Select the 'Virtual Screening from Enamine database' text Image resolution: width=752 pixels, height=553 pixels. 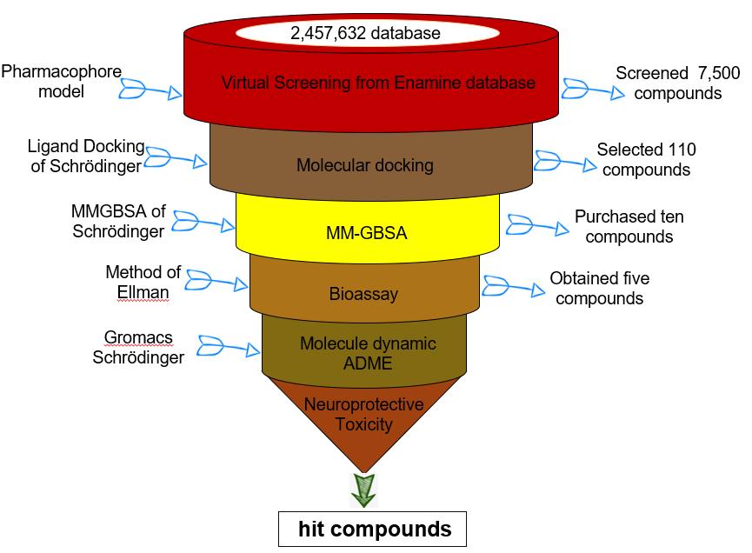(378, 83)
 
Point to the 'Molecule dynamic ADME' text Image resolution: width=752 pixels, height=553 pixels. (368, 352)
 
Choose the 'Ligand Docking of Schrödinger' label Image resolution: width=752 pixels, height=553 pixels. (88, 157)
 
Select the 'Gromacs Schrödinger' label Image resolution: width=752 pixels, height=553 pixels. (138, 345)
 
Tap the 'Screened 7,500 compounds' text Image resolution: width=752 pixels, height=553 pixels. (676, 83)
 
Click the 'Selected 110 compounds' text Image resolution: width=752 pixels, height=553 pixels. (646, 159)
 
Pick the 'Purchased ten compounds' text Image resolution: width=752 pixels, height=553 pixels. (623, 226)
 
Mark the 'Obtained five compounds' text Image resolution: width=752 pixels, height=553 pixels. (599, 289)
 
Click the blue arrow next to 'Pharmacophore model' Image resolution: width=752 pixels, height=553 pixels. (150, 90)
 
